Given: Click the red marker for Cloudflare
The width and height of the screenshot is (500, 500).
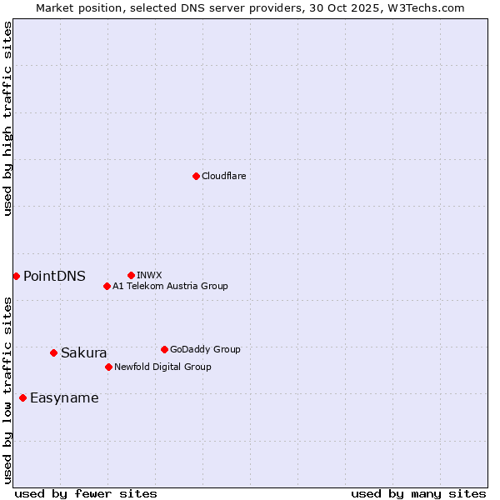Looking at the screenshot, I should tap(196, 176).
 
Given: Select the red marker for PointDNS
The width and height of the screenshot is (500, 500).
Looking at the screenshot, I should tap(16, 276).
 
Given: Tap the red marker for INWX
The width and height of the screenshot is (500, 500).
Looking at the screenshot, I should tap(131, 275).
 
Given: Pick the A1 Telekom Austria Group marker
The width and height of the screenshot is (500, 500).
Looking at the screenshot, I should tap(107, 286).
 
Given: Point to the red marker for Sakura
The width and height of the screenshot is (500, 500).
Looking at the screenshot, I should tap(53, 352).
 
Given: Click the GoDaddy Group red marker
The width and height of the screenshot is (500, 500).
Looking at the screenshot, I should tap(164, 349).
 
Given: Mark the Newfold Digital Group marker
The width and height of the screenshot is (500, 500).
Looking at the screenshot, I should tap(108, 367).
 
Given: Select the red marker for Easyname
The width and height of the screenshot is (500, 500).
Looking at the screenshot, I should tap(22, 397).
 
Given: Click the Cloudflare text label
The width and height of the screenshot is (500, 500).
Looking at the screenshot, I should tap(224, 176).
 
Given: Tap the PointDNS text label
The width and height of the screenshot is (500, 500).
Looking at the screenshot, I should tap(54, 276).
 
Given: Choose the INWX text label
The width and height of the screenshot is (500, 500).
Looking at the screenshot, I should tap(149, 275).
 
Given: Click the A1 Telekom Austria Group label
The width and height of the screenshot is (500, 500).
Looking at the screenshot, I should tap(170, 286).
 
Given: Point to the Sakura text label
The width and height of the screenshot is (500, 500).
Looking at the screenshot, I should tap(83, 352).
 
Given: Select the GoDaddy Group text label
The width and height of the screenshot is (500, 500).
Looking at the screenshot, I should tap(205, 349).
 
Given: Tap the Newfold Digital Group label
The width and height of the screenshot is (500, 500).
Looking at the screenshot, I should tap(162, 367).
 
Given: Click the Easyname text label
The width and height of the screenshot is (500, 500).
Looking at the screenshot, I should tap(64, 397).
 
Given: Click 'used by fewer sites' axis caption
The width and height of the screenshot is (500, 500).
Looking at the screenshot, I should tap(86, 493).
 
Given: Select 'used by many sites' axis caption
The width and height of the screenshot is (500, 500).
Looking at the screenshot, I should tap(418, 493).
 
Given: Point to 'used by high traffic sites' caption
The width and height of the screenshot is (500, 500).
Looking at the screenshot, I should tap(7, 117).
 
